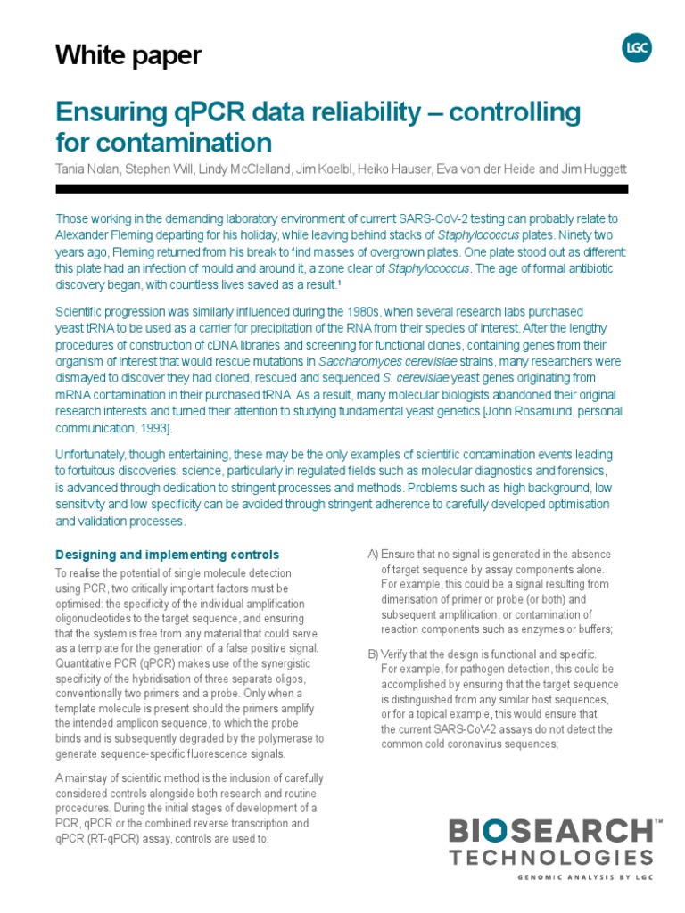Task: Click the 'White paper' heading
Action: tap(128, 56)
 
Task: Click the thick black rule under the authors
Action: tap(342, 189)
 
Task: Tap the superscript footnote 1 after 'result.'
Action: tap(340, 284)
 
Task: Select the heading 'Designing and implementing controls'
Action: tap(167, 555)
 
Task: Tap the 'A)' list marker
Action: tap(374, 555)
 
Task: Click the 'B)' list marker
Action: tap(374, 654)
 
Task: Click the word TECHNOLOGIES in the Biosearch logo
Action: tap(550, 858)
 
